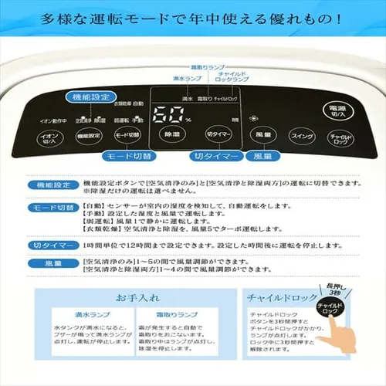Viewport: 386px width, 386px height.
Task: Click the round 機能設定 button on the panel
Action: [89, 136]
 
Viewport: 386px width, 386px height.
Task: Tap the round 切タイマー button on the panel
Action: [219, 134]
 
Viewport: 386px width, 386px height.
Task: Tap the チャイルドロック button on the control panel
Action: [340, 138]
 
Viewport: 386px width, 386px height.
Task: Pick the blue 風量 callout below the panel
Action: [262, 156]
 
